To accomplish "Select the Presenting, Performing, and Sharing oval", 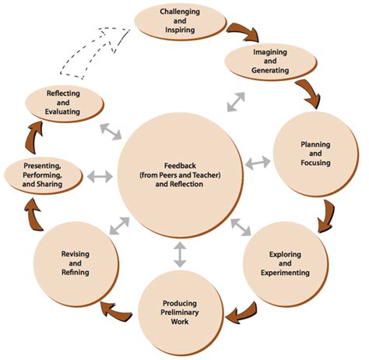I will [44, 176].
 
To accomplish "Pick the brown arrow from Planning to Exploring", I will [327, 214].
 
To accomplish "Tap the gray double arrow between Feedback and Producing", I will [180, 254].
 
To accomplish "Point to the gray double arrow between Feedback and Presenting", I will [100, 176].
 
